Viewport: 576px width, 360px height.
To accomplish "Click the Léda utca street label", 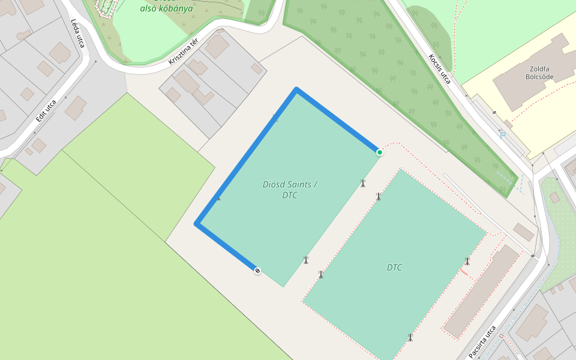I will (79, 32).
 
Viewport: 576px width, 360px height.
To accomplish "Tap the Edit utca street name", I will (46, 111).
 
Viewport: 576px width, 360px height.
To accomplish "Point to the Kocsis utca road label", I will (439, 68).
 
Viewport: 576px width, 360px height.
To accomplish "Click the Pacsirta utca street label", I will (482, 341).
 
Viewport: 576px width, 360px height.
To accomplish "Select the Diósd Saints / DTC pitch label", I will (290, 190).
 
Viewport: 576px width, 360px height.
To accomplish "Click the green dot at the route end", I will (380, 152).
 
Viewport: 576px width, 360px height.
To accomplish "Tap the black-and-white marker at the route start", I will (257, 271).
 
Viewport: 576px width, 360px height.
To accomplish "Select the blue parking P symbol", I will (503, 135).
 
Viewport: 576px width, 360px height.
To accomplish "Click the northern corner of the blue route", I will (296, 90).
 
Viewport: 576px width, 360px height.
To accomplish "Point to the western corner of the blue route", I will (197, 224).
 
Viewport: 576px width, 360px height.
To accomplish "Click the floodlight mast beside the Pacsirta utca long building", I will (467, 261).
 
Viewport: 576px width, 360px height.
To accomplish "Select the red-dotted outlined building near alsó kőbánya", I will (106, 7).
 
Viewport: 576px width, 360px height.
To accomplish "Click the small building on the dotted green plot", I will (554, 197).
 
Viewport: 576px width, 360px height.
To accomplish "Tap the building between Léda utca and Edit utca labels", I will (60, 53).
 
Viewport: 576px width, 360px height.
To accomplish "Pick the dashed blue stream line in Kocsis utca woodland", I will (507, 177).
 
